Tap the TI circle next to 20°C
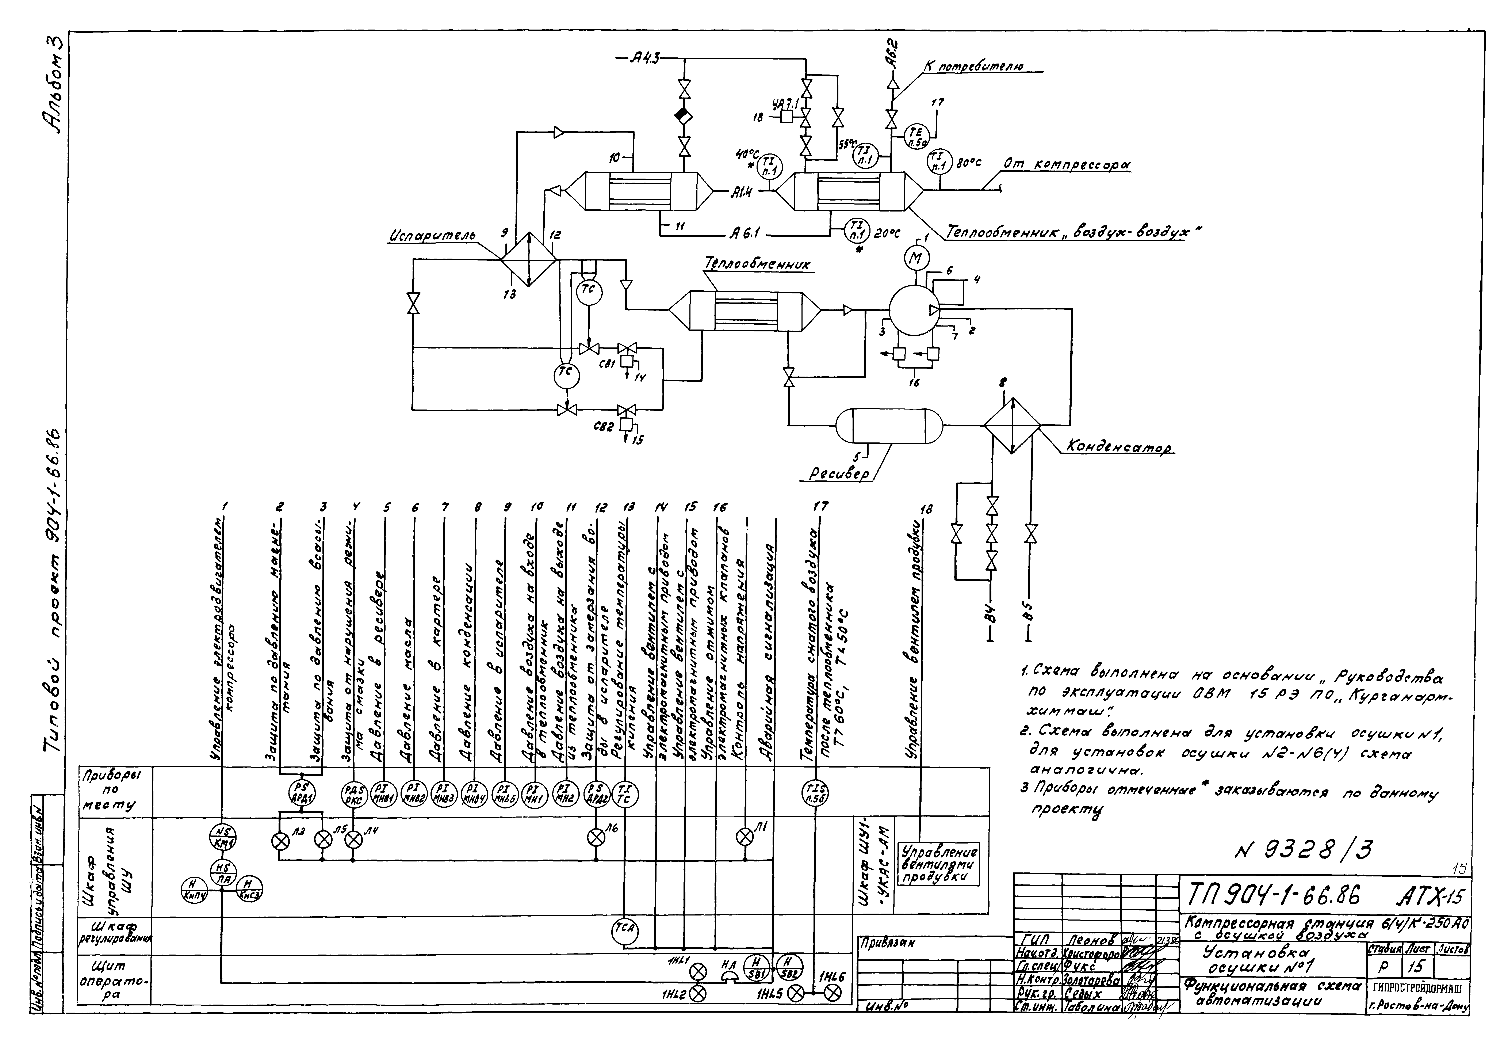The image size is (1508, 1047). [856, 230]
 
